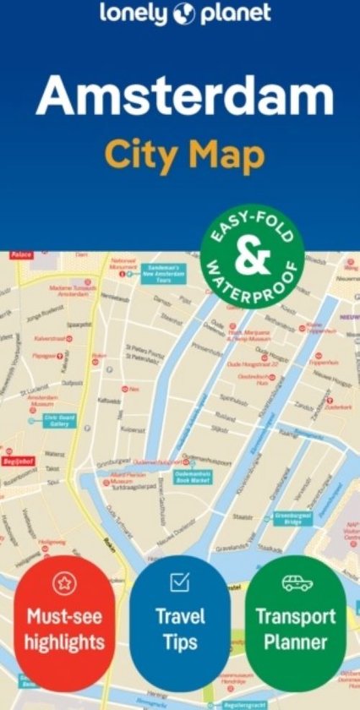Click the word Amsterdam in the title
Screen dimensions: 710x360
tap(184, 96)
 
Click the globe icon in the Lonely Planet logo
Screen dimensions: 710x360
tap(183, 14)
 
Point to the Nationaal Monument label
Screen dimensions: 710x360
tap(123, 264)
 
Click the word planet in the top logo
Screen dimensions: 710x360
tap(235, 14)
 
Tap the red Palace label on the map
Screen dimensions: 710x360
tap(21, 254)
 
